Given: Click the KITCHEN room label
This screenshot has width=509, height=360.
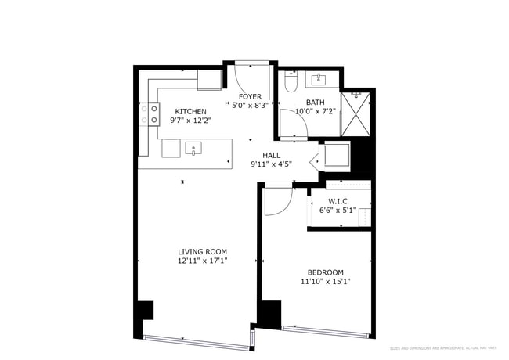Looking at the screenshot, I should click(x=190, y=111).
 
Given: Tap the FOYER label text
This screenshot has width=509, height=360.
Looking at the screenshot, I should click(x=250, y=96).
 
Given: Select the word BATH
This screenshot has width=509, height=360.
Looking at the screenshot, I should click(x=315, y=103).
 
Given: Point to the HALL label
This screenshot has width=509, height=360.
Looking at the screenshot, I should click(x=271, y=155).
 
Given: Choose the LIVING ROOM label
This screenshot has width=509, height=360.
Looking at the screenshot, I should click(x=202, y=251).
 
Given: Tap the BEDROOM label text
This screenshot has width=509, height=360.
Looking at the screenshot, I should click(x=325, y=272).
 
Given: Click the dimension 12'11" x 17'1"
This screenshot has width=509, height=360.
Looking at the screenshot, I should click(x=202, y=261).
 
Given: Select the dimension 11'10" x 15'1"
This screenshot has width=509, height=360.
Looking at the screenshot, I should click(x=325, y=281).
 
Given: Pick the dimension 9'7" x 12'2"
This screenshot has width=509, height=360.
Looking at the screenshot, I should click(x=190, y=121).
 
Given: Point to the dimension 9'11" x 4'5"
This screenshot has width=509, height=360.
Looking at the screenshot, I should click(x=271, y=164).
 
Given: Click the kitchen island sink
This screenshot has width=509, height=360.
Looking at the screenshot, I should click(x=193, y=147).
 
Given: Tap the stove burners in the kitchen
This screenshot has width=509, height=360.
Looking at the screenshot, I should click(x=144, y=114).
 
